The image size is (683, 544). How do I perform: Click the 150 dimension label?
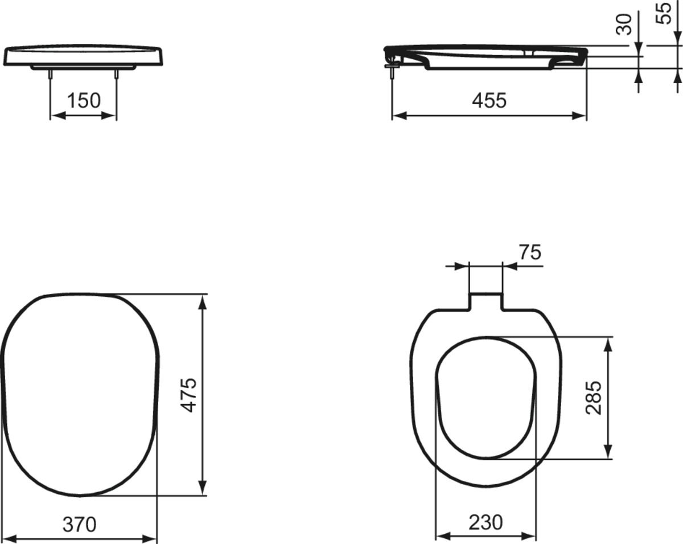pyautogui.click(x=84, y=101)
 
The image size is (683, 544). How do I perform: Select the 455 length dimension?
pyautogui.click(x=489, y=101)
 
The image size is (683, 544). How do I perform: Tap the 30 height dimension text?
pyautogui.click(x=625, y=24)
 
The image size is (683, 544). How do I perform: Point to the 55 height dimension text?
pyautogui.click(x=664, y=13)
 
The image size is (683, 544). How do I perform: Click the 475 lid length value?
pyautogui.click(x=189, y=394)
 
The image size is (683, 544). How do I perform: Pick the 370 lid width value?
pyautogui.click(x=79, y=524)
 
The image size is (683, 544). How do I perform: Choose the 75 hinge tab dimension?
pyautogui.click(x=530, y=252)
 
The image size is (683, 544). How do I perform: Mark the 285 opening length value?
pyautogui.click(x=594, y=397)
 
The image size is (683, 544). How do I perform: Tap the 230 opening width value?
pyautogui.click(x=485, y=522)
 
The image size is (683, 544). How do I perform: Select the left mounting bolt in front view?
pyautogui.click(x=51, y=74)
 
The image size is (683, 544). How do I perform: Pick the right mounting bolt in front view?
pyautogui.click(x=117, y=74)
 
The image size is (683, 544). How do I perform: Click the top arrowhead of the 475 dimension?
pyautogui.click(x=202, y=301)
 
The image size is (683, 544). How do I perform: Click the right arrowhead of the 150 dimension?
pyautogui.click(x=110, y=115)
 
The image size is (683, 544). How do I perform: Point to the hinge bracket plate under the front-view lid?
pyautogui.click(x=83, y=67)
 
